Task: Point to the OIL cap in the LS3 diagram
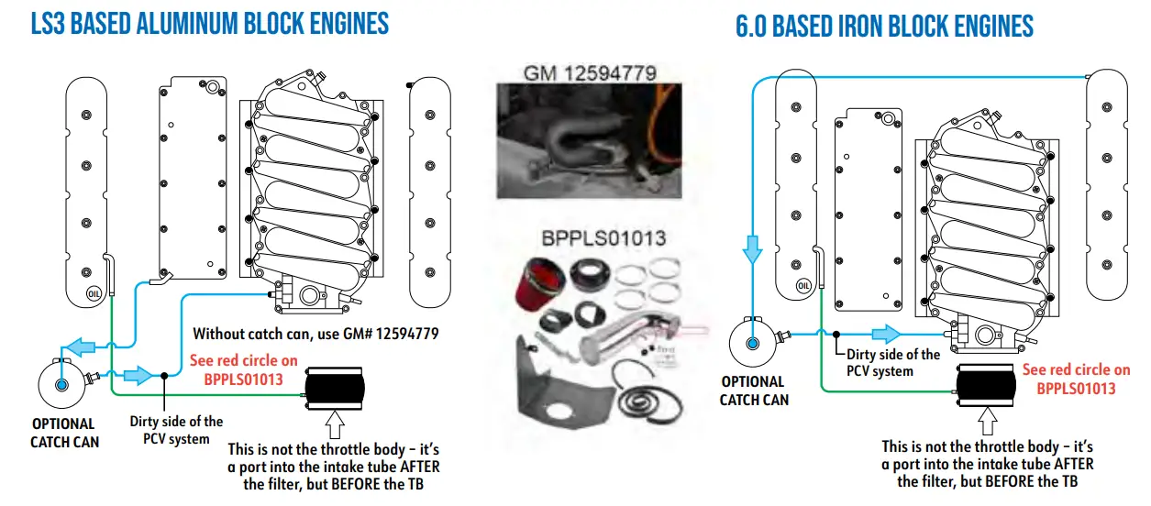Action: tap(94, 293)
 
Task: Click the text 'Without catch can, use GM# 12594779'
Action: tap(316, 334)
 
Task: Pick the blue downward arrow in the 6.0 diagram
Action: tap(752, 247)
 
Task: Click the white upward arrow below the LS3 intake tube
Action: tap(336, 426)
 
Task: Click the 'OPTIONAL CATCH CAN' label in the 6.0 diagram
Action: tap(753, 390)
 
